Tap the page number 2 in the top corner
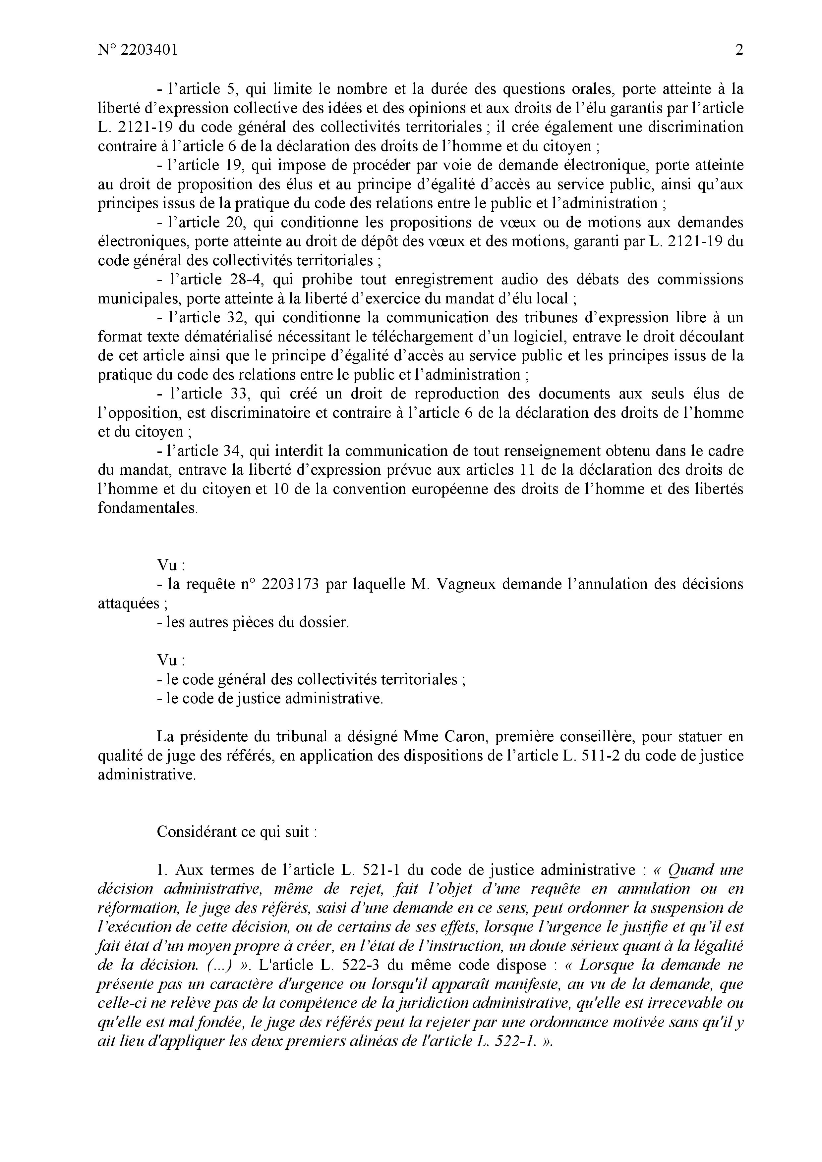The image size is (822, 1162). click(739, 50)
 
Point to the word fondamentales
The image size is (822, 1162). click(147, 508)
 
